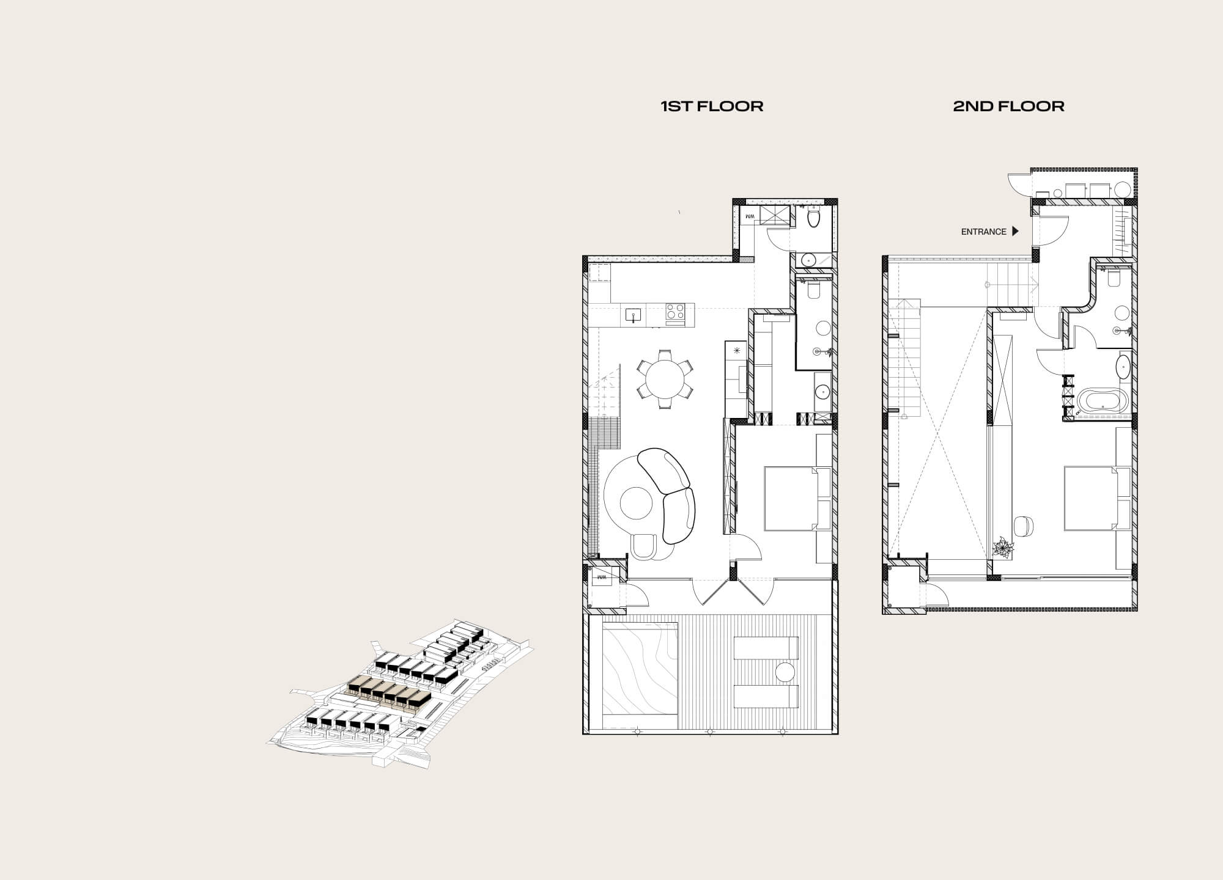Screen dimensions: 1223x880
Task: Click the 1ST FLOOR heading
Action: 712,106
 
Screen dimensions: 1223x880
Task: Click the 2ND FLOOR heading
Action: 1008,106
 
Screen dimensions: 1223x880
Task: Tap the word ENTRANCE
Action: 983,232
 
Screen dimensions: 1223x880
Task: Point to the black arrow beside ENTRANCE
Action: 1016,232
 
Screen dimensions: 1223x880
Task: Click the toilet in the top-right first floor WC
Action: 814,218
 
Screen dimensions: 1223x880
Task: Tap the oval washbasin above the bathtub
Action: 1124,368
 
